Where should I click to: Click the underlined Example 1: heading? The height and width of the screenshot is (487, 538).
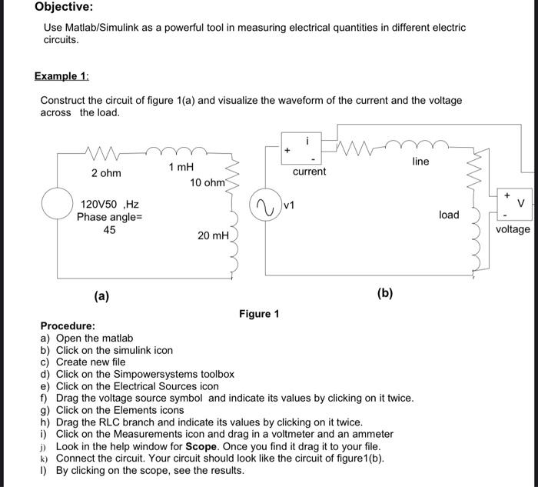[x=61, y=76]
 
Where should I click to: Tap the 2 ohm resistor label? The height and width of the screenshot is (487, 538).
[x=105, y=173]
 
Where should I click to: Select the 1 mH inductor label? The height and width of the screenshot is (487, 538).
[x=181, y=167]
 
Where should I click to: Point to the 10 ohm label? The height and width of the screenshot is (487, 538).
[x=207, y=182]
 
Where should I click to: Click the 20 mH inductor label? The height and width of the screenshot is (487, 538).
[x=213, y=235]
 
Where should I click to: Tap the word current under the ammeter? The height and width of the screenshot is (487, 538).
[x=309, y=172]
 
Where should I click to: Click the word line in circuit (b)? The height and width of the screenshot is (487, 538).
[x=420, y=161]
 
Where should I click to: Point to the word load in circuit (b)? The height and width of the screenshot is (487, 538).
[x=449, y=215]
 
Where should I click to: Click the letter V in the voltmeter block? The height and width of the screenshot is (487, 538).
[x=521, y=203]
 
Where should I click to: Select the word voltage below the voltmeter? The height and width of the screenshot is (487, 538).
[x=513, y=228]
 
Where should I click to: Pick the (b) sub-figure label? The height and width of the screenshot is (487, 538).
[x=385, y=293]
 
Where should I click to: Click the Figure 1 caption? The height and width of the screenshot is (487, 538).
[x=259, y=313]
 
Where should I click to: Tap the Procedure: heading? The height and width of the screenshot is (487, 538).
[x=68, y=326]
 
